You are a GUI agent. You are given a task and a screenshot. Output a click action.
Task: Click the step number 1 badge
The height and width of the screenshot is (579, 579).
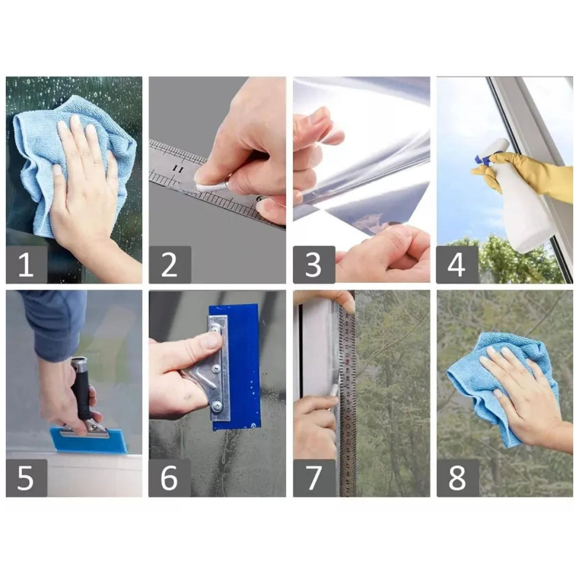click(27, 265)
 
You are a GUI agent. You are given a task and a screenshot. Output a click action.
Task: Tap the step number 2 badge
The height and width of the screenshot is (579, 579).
click(170, 265)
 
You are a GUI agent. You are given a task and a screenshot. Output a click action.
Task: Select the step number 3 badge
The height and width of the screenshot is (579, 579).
click(314, 265)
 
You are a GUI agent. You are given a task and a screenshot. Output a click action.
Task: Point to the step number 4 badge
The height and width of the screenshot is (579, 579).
click(457, 265)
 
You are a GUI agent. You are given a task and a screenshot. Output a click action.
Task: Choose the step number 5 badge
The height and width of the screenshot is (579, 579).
click(27, 478)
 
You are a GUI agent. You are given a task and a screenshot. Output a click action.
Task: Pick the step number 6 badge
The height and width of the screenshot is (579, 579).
click(170, 478)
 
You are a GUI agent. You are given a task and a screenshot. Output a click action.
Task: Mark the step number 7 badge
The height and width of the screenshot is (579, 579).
click(314, 478)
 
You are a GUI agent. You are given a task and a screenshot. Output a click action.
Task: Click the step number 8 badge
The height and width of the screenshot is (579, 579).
click(457, 478)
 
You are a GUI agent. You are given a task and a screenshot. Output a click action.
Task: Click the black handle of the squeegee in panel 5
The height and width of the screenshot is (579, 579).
click(83, 389)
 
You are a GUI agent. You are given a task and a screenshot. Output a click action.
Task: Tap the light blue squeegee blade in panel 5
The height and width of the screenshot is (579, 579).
click(89, 441)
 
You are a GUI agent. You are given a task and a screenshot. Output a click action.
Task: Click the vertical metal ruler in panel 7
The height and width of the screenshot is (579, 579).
click(348, 400)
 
